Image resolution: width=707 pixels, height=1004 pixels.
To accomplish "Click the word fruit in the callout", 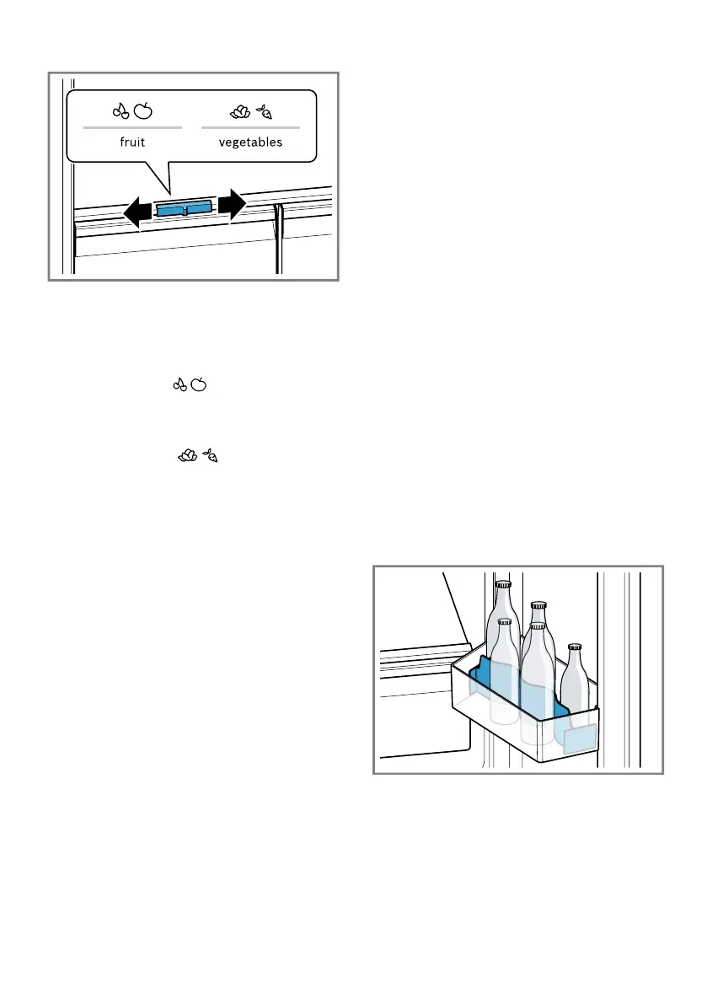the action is click(x=132, y=142).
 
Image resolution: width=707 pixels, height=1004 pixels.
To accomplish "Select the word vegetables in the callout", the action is click(x=250, y=142).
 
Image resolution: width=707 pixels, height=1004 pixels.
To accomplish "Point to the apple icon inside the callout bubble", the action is click(x=144, y=110).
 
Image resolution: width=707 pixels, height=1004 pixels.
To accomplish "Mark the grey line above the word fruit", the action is click(x=132, y=127).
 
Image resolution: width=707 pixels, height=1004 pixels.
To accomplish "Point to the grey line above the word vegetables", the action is click(x=250, y=127).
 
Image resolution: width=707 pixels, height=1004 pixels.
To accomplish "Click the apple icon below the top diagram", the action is click(x=200, y=385).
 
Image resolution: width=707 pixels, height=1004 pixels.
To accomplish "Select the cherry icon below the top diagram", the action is click(x=179, y=385).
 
